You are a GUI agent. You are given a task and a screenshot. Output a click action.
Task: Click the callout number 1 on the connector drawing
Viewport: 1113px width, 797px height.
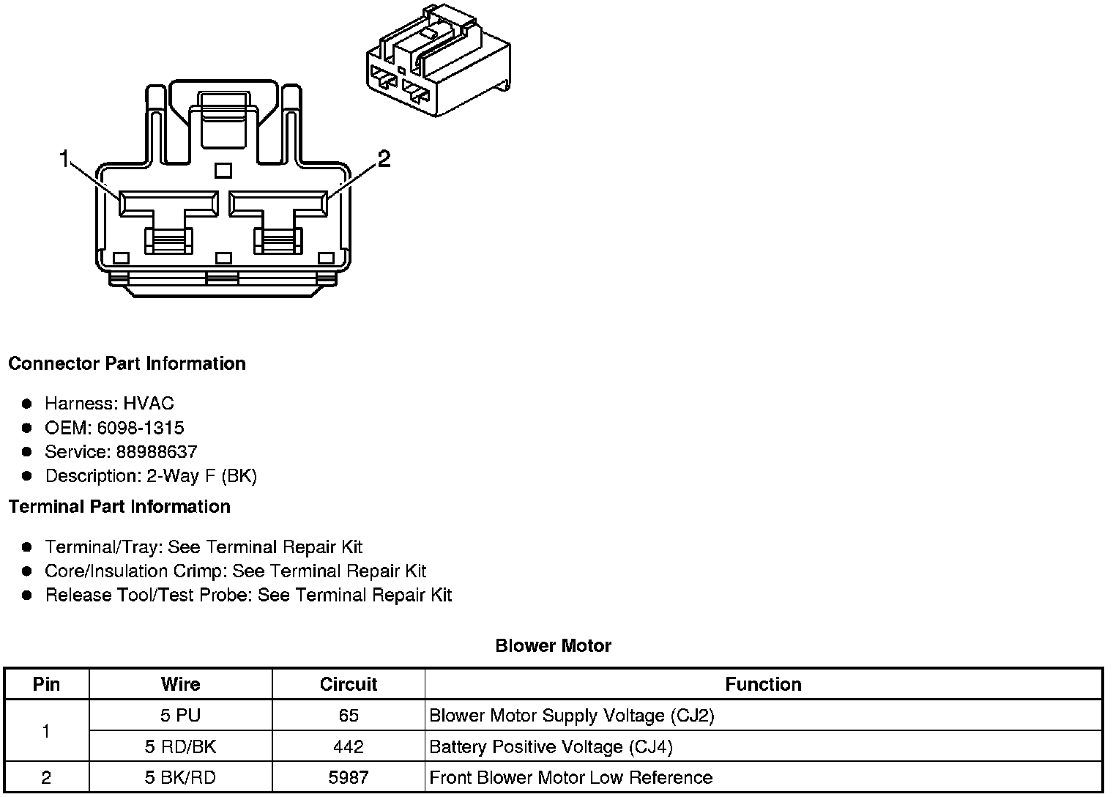tap(64, 157)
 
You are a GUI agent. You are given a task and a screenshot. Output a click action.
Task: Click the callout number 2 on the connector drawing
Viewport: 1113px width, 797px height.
tap(384, 157)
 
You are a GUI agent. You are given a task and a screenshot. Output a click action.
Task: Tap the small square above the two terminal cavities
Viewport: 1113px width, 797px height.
tap(223, 171)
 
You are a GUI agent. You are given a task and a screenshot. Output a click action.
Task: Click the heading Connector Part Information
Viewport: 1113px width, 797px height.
tap(127, 364)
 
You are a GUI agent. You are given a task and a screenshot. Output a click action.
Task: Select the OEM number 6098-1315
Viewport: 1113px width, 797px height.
tap(141, 428)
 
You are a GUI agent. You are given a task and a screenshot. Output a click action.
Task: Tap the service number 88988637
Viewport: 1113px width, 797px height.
tap(157, 452)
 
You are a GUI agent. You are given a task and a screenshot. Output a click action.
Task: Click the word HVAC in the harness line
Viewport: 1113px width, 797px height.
tap(149, 404)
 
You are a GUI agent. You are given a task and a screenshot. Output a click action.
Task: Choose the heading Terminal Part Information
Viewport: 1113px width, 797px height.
tap(119, 507)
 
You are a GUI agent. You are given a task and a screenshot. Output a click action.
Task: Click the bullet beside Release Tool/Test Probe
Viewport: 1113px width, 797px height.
tap(27, 595)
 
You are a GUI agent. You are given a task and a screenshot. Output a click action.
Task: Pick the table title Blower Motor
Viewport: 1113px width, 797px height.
tap(553, 646)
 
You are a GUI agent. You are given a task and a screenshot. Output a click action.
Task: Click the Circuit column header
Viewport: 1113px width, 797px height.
tap(349, 684)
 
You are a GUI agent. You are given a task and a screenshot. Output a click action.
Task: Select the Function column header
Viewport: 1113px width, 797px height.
tap(763, 684)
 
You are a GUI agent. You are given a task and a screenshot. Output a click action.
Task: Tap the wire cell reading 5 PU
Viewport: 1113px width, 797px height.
tap(180, 716)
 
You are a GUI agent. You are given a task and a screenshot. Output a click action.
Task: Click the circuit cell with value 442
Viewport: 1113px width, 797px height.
tap(349, 746)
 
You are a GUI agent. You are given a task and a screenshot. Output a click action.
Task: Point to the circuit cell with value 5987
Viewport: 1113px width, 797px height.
tap(349, 777)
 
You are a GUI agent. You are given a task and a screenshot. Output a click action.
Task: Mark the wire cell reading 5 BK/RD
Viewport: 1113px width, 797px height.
tap(180, 777)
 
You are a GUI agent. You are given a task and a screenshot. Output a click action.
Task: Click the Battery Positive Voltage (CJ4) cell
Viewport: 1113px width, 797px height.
tap(551, 746)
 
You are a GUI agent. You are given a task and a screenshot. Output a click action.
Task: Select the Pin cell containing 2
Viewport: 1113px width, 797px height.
tap(46, 777)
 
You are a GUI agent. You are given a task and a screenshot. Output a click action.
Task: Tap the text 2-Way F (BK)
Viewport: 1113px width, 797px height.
tap(202, 476)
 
